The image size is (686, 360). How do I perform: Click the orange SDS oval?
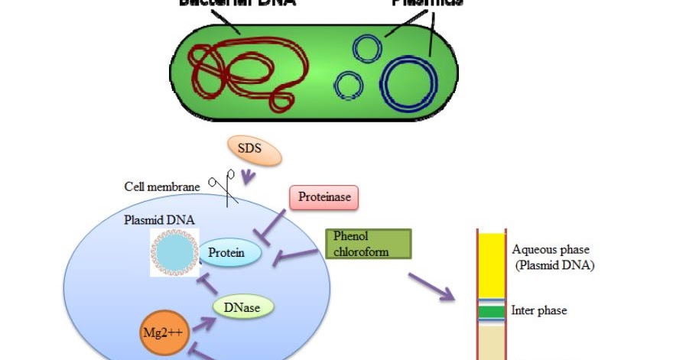[x=255, y=151]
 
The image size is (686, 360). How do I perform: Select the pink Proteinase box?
[x=324, y=197]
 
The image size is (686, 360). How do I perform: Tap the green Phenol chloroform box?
[x=368, y=243]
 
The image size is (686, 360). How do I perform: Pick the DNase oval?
[x=243, y=308]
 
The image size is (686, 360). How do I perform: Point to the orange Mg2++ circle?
[x=162, y=333]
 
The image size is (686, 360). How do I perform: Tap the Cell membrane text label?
[x=161, y=186]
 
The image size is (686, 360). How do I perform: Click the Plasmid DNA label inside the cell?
[x=159, y=220]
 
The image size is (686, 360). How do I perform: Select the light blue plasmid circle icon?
[x=177, y=251]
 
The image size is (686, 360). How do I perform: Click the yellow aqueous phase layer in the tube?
[x=493, y=264]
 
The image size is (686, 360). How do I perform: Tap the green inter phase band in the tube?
[x=493, y=311]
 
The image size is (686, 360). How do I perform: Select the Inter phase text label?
[x=539, y=311]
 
